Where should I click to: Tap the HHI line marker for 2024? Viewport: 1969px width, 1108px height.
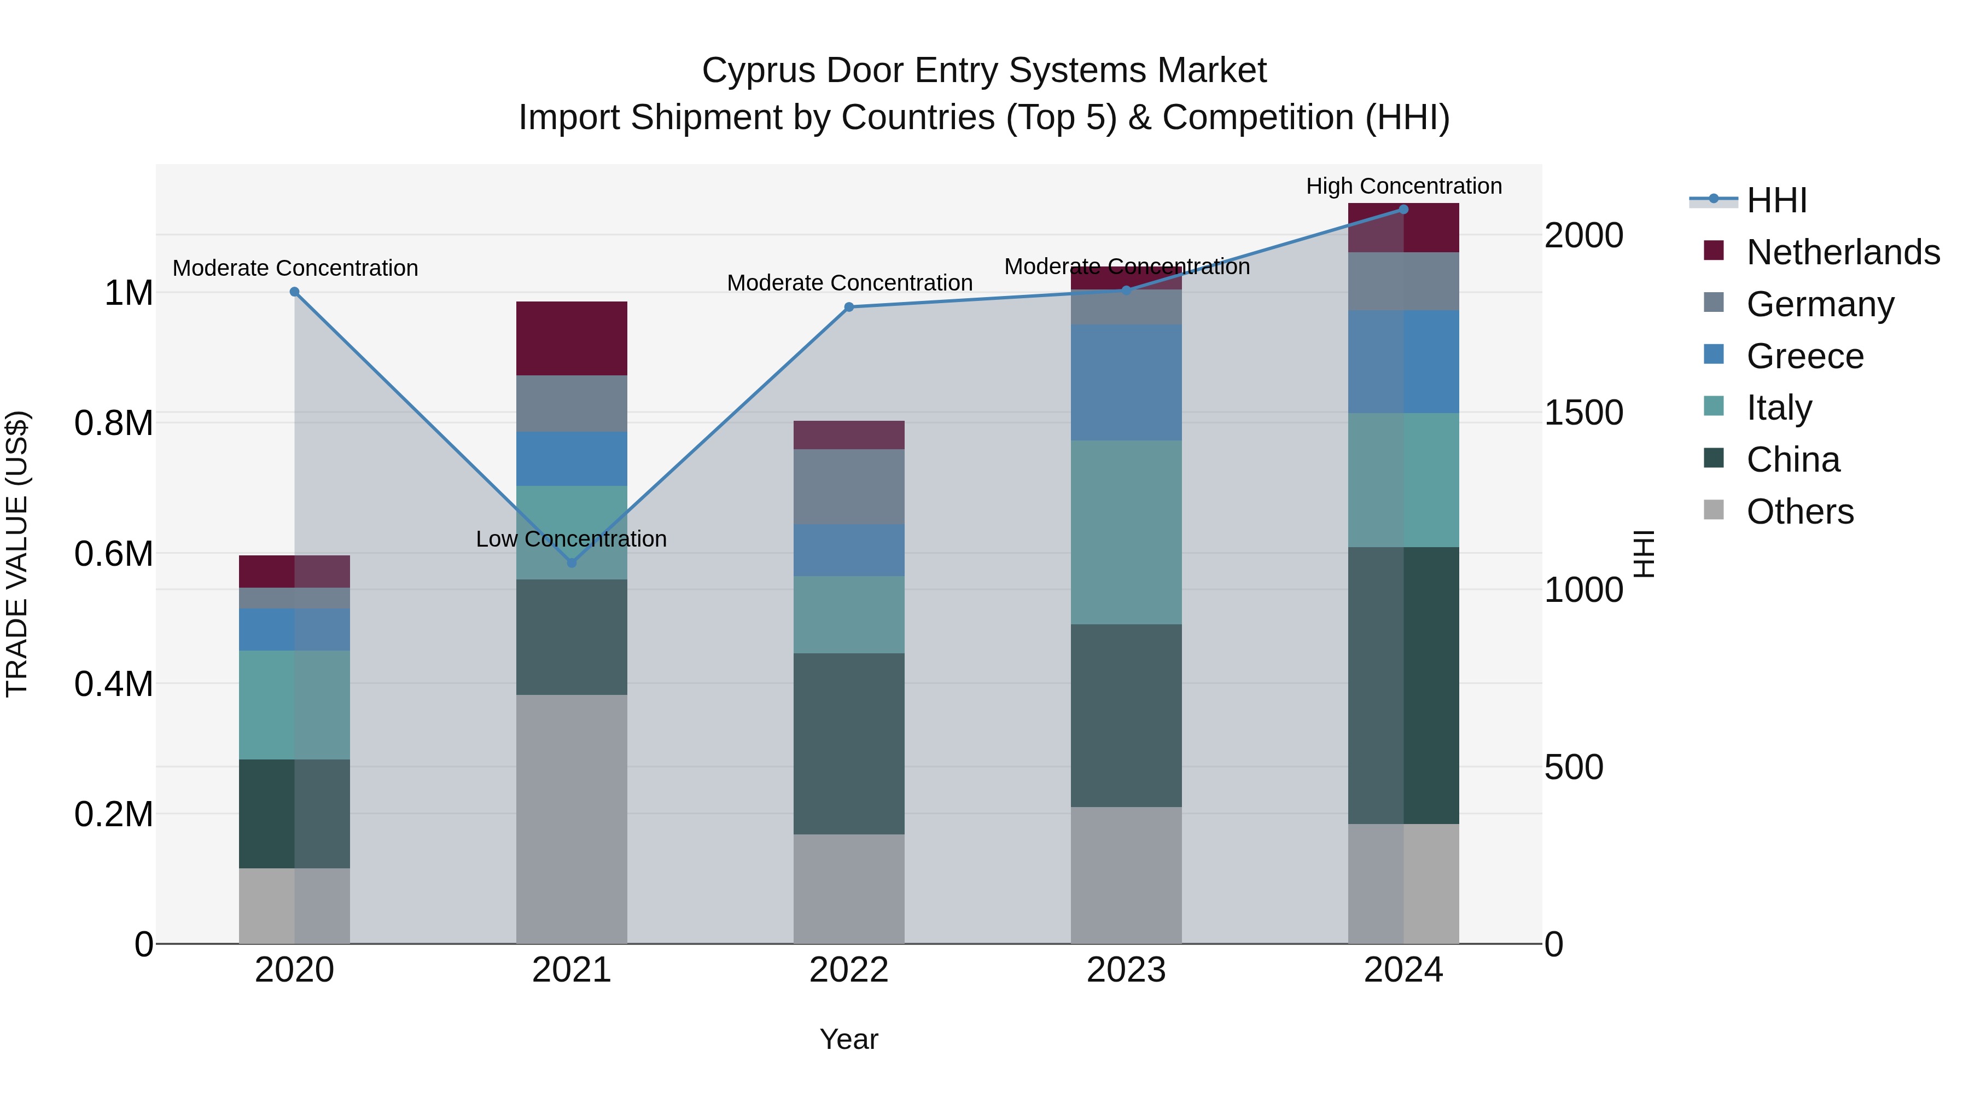click(1403, 210)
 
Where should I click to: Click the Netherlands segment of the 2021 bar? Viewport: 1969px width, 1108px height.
click(572, 338)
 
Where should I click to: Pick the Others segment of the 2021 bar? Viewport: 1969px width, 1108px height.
click(572, 818)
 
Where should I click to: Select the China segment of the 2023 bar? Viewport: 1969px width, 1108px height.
click(1126, 715)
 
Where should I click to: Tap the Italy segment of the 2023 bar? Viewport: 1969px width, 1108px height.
click(1126, 532)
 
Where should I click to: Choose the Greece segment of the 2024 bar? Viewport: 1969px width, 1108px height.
click(1403, 362)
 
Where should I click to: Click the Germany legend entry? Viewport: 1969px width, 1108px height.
click(1819, 304)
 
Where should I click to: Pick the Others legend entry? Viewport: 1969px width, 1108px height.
click(1799, 512)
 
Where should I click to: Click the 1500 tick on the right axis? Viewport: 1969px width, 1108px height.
click(1583, 413)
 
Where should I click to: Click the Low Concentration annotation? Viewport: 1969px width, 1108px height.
click(571, 539)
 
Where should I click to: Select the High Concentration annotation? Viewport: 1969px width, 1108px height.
click(1403, 186)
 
